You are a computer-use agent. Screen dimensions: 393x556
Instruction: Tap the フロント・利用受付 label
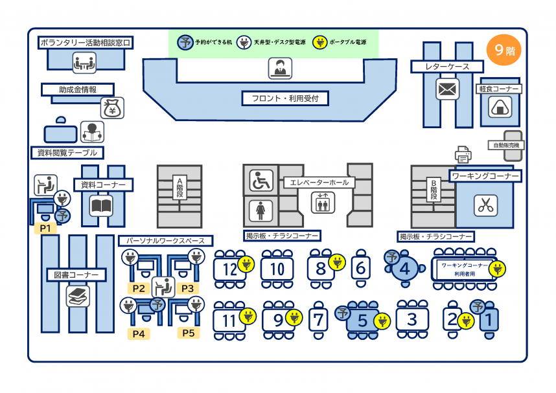285,98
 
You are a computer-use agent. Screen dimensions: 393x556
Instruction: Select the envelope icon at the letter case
447,89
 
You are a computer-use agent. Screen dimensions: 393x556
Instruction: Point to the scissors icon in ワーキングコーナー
484,205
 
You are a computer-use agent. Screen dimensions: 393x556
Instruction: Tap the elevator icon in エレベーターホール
322,203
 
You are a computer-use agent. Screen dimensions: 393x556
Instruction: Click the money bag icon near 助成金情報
113,108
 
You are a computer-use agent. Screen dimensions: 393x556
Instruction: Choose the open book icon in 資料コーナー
102,207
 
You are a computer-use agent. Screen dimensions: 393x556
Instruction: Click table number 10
277,269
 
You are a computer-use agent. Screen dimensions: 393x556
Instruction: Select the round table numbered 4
406,267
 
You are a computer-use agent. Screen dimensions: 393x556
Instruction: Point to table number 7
318,319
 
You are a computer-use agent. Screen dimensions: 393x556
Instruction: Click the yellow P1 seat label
45,228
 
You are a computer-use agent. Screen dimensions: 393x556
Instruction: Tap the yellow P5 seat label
188,333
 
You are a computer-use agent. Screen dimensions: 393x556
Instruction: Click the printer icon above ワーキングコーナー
463,155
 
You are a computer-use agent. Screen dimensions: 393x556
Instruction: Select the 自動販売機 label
505,145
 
